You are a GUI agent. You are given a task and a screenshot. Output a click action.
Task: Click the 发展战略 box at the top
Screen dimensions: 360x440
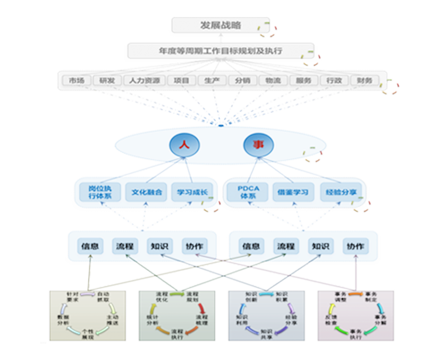[x=220, y=25]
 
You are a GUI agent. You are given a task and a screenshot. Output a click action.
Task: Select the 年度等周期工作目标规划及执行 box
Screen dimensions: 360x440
[x=220, y=52]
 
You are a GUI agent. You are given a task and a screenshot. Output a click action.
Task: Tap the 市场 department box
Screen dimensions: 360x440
[x=73, y=81]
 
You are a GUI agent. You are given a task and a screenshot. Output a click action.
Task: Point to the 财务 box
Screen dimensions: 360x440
[x=365, y=81]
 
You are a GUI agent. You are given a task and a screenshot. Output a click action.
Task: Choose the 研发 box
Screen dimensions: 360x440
[x=103, y=81]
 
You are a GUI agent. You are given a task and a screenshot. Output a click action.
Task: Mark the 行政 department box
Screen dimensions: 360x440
[x=334, y=81]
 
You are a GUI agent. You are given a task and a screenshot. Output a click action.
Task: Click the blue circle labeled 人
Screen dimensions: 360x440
[x=183, y=145]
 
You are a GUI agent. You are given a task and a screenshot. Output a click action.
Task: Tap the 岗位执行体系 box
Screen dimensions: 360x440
[x=98, y=192]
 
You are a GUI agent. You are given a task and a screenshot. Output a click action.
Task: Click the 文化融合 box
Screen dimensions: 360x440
[x=143, y=192]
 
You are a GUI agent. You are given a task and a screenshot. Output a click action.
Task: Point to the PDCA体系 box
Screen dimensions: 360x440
[x=248, y=192]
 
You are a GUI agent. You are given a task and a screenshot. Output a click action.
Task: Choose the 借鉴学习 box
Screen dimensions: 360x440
[x=292, y=192]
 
